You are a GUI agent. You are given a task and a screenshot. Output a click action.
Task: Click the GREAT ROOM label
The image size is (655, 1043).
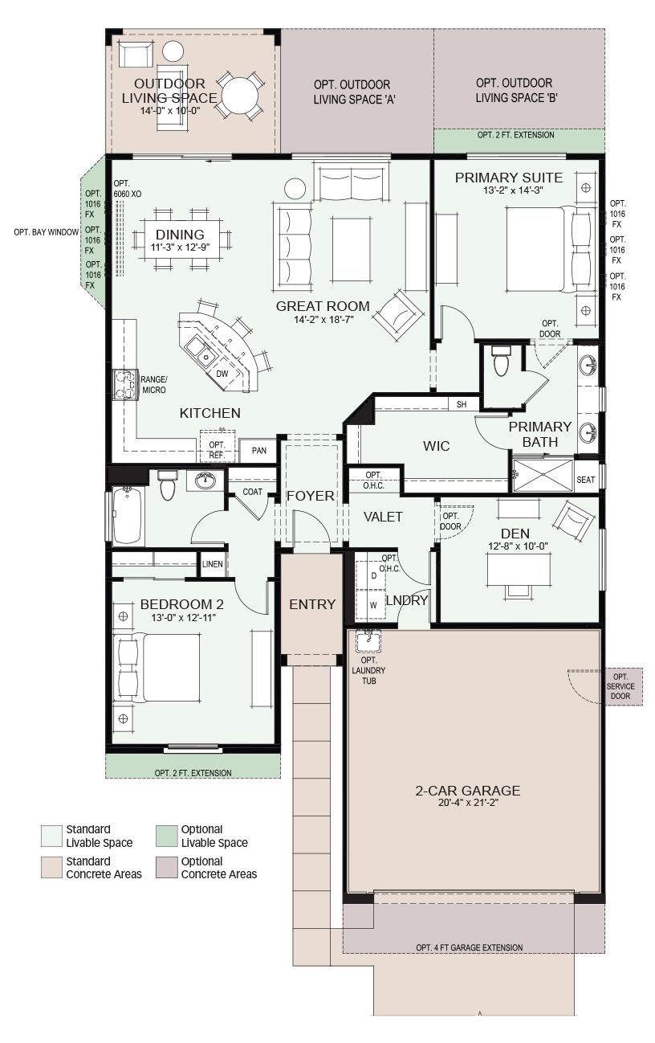point(323,306)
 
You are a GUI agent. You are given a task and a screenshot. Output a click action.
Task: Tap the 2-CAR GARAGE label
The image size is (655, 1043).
point(467,790)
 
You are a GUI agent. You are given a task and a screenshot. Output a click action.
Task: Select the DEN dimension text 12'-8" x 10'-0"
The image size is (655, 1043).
point(518,546)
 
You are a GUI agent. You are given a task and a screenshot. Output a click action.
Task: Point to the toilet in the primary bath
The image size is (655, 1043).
point(501,361)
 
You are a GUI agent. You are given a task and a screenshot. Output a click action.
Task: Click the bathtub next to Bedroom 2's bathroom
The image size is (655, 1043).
point(127,516)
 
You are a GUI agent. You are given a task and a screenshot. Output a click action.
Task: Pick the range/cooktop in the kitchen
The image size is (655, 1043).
point(125,385)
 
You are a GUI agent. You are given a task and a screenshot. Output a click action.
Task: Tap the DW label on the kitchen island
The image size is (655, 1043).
point(222,374)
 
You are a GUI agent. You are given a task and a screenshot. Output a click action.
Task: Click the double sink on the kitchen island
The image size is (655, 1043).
point(200,352)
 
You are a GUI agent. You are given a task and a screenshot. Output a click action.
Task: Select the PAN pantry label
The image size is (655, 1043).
point(259,450)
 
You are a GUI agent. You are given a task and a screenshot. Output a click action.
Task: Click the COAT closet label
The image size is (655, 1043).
point(252,492)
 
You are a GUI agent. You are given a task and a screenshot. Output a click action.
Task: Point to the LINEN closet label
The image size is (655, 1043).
point(213,564)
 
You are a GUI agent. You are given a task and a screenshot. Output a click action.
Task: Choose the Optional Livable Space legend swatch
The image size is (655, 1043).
point(166,836)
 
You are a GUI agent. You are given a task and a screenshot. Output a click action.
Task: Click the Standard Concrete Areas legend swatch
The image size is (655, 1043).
point(51,868)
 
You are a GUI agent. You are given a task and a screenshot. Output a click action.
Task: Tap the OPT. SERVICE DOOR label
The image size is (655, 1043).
point(620,686)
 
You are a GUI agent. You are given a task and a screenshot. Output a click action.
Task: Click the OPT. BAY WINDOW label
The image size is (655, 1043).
point(46,232)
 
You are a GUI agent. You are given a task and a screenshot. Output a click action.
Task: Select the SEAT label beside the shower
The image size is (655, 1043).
point(586,480)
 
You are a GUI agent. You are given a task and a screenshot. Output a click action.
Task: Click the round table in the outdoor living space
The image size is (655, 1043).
point(239,96)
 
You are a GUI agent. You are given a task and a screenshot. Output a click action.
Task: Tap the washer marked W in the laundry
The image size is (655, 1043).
point(373,605)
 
